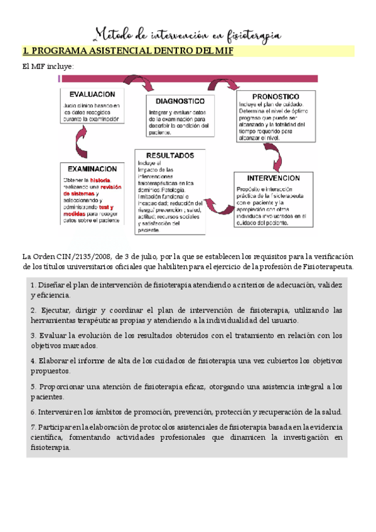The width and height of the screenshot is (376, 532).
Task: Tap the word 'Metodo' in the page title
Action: pyautogui.click(x=115, y=33)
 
